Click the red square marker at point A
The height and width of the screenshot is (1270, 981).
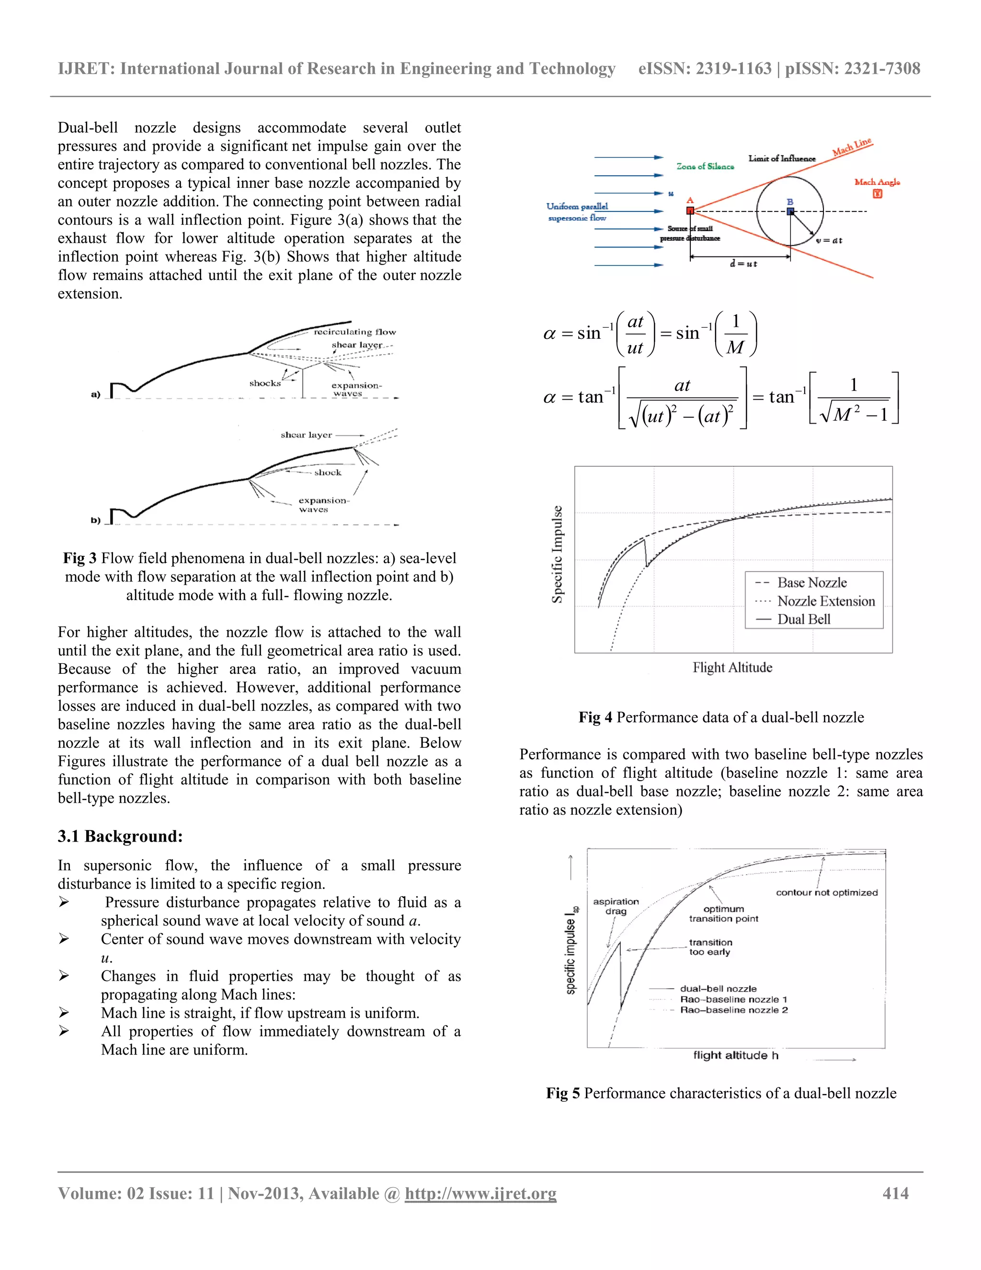pyautogui.click(x=690, y=210)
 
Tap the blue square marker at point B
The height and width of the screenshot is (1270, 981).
pyautogui.click(x=790, y=211)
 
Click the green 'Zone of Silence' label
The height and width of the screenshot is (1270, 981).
pyautogui.click(x=705, y=166)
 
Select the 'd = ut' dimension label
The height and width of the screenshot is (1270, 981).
pyautogui.click(x=743, y=264)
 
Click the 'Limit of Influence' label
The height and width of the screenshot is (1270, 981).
pyautogui.click(x=782, y=158)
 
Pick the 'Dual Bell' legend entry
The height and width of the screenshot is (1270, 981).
pyautogui.click(x=804, y=619)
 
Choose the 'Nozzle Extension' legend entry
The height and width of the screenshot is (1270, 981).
pyautogui.click(x=826, y=601)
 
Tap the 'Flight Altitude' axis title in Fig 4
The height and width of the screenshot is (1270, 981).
pyautogui.click(x=732, y=668)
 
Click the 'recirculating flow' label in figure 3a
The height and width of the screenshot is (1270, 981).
pyautogui.click(x=354, y=332)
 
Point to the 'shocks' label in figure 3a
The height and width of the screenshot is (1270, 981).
pyautogui.click(x=265, y=383)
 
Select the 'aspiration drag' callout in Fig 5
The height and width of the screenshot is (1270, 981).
pyautogui.click(x=616, y=906)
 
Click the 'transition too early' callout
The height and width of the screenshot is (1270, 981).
pyautogui.click(x=710, y=947)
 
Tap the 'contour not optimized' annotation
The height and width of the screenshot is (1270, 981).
pyautogui.click(x=826, y=893)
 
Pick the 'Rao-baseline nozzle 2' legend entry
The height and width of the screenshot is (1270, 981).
pyautogui.click(x=733, y=1010)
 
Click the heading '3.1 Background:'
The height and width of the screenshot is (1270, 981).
pyautogui.click(x=120, y=836)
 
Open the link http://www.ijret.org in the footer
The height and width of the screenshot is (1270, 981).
pyautogui.click(x=480, y=1194)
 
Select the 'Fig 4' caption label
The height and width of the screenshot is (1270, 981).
pyautogui.click(x=595, y=717)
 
